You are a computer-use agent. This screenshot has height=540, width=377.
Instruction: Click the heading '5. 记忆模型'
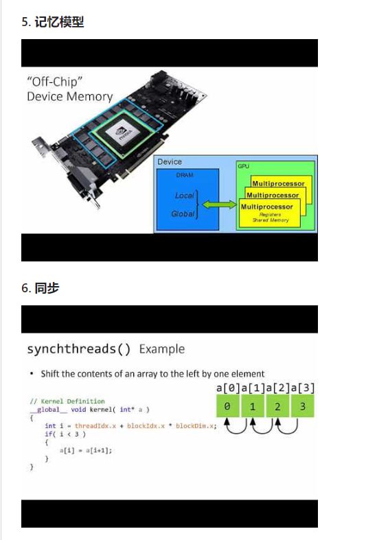coord(53,22)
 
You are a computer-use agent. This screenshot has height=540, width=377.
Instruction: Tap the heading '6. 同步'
coord(41,288)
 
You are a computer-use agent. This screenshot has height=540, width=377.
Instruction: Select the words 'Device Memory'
coord(69,97)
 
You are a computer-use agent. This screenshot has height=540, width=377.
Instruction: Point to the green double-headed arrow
coord(219,204)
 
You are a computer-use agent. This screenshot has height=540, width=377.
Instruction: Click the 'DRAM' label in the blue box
coord(185,176)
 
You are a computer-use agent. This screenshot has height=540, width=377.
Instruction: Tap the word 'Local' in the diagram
coord(185,196)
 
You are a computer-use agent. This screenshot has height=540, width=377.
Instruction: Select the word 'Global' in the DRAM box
coord(183,214)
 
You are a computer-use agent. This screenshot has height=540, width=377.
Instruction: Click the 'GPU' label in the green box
coord(243,167)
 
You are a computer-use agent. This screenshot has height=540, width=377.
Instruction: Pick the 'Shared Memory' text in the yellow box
coord(271,220)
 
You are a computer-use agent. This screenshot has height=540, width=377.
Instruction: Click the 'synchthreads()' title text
coord(79,349)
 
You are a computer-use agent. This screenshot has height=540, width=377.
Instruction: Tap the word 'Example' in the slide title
coord(162,349)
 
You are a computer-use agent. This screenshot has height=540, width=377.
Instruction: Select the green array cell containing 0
coord(227,406)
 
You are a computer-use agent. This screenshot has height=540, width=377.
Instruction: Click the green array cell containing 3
coord(302,406)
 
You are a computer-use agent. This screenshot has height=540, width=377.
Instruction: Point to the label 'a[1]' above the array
coord(253,388)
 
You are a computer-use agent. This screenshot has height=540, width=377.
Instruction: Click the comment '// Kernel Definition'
coord(67,401)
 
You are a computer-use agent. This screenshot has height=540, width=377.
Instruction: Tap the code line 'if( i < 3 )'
coord(65,434)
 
